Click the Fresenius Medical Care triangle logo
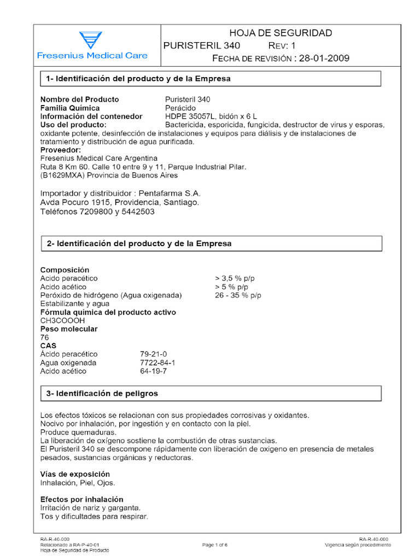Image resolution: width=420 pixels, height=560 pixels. tap(90, 40)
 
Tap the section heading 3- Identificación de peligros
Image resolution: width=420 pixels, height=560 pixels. tap(102, 393)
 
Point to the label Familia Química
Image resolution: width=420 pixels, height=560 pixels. tap(70, 108)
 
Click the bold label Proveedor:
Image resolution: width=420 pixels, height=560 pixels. tap(61, 150)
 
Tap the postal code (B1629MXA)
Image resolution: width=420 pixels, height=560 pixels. tap(60, 176)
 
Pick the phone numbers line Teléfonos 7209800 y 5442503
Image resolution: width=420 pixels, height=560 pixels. tap(97, 211)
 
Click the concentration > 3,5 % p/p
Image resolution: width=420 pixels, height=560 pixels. tap(235, 278)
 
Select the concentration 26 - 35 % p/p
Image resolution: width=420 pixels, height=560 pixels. tap(238, 295)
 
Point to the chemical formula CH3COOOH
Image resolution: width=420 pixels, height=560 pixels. tap(63, 320)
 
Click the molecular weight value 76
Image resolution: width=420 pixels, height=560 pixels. tap(45, 337)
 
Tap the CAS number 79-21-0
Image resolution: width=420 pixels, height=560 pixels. tap(154, 354)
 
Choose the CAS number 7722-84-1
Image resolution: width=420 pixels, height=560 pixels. tap(157, 363)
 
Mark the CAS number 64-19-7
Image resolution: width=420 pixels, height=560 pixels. tap(154, 371)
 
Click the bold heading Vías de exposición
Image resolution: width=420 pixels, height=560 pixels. tap(75, 474)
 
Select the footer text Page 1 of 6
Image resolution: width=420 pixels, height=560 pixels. tap(215, 545)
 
